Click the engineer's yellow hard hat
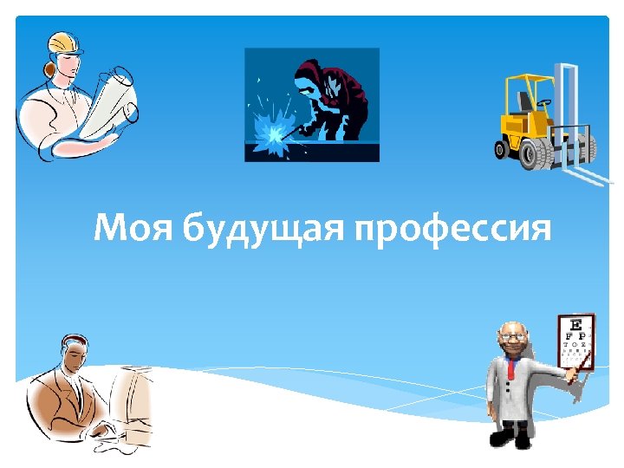tap(65, 41)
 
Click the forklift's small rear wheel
tap(501, 149)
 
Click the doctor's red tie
tap(510, 368)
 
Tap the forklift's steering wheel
tap(543, 102)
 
